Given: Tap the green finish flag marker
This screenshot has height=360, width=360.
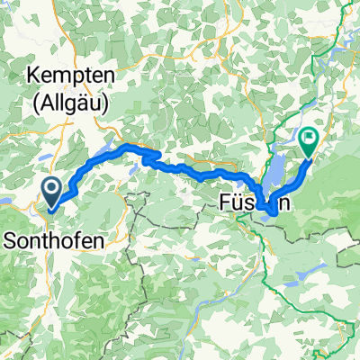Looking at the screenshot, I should tap(310, 141).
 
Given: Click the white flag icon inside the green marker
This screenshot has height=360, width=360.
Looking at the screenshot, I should tap(310, 138).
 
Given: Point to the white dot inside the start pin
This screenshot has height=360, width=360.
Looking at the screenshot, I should tap(51, 188).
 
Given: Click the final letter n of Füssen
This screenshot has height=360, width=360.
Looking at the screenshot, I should tap(283, 205).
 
